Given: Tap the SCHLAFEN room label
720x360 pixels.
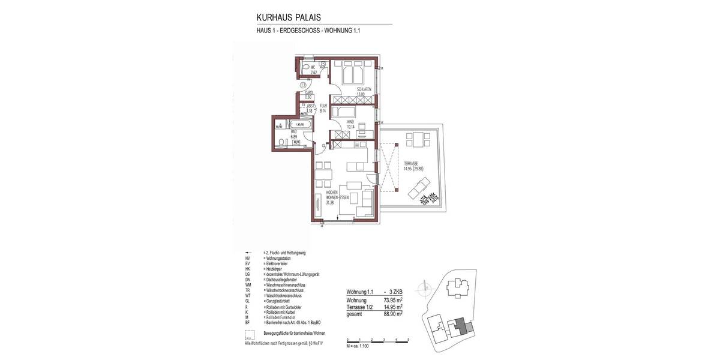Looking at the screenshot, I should coord(364,90).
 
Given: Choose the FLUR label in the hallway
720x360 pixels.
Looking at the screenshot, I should coord(323,107).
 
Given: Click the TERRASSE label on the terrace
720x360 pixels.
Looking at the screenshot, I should coord(411,163).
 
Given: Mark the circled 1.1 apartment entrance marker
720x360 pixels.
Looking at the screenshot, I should coord(304,85).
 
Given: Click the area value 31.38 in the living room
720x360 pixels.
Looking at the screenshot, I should coord(330,203).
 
